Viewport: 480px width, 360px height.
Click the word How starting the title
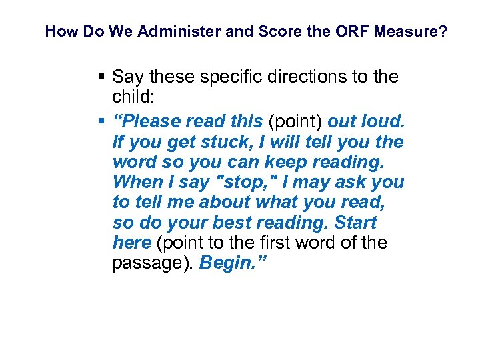coord(59,31)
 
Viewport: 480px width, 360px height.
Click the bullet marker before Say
coord(101,77)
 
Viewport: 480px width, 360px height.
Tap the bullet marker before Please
coord(101,122)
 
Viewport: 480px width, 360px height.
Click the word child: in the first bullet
coord(133,97)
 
